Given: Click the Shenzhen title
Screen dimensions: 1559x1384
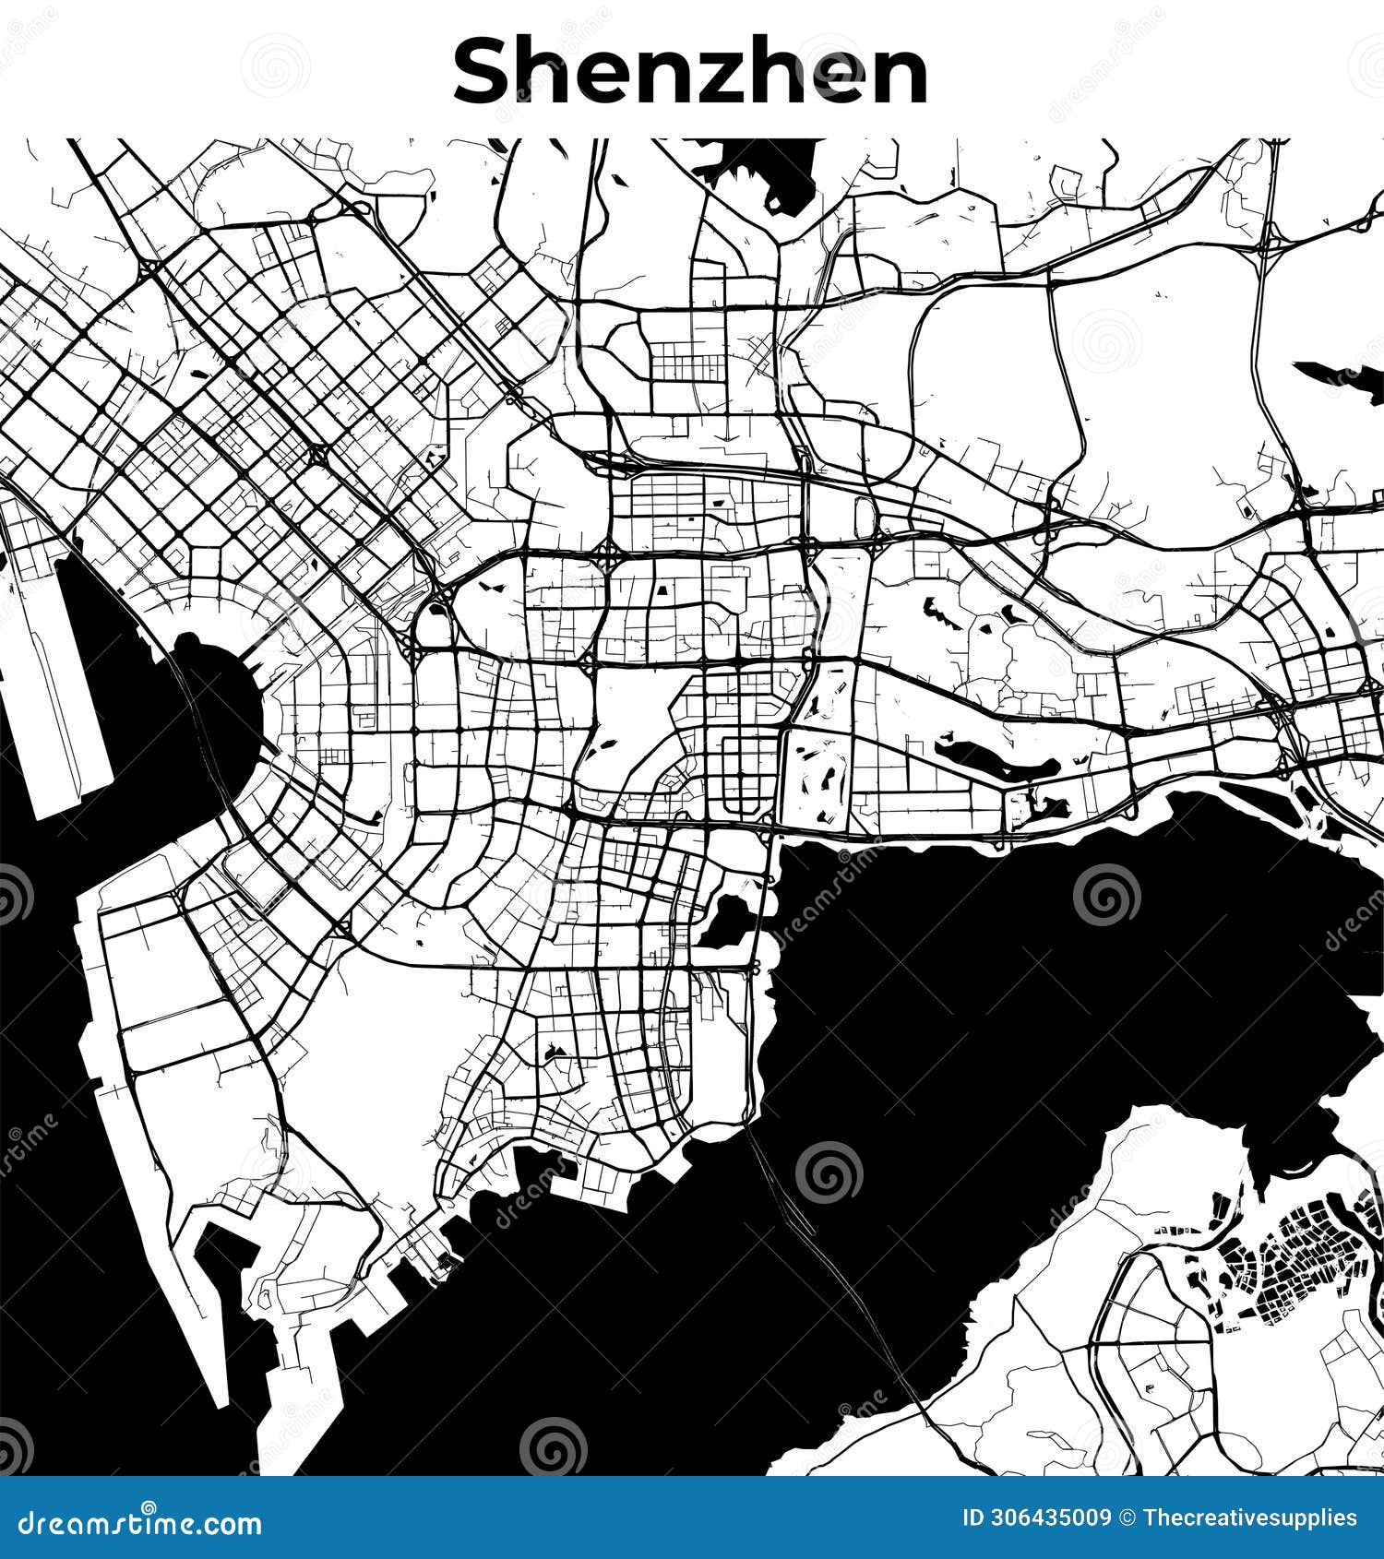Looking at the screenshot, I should point(690,72).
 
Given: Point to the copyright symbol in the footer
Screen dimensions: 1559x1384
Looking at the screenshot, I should point(1127,1518).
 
